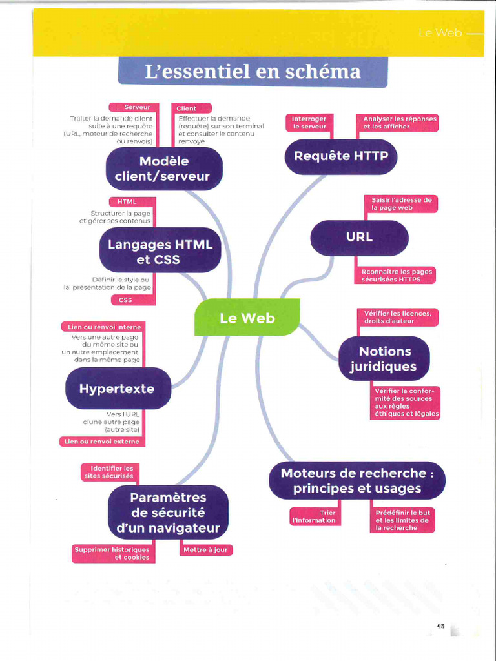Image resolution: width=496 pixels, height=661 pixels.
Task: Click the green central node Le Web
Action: (247, 318)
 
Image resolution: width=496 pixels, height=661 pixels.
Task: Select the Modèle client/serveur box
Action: (164, 168)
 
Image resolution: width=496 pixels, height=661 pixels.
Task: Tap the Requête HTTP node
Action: (340, 156)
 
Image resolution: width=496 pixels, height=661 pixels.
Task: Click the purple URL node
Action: (359, 238)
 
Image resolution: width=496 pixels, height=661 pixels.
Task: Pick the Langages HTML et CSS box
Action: (160, 252)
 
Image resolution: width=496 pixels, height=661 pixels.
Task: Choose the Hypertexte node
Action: (118, 389)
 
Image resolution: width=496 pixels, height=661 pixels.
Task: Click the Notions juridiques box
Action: (384, 359)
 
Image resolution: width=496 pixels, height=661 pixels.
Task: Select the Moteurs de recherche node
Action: (356, 481)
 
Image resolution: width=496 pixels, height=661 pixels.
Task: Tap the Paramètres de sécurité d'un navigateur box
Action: (168, 513)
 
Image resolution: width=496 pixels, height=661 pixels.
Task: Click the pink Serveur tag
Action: (138, 107)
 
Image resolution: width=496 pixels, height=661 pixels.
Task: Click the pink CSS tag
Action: (125, 300)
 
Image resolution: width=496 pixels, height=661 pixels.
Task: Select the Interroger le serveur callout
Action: (309, 123)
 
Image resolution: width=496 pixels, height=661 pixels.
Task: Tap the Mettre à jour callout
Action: (205, 550)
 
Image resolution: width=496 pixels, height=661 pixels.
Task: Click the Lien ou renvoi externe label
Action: (101, 442)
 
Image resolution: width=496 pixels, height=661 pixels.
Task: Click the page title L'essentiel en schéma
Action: (253, 72)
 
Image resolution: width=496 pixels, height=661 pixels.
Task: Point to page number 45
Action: (441, 625)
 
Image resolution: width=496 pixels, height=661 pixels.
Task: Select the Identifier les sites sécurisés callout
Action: (109, 472)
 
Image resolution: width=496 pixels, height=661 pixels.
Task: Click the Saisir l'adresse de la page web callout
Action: (400, 204)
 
